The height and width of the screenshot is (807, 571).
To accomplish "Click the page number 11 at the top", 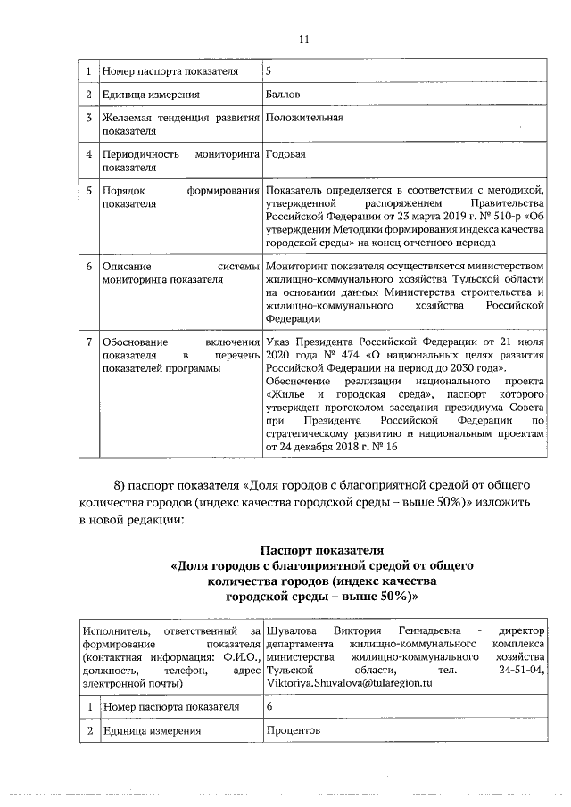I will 302,39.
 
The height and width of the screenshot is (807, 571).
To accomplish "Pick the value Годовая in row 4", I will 285,153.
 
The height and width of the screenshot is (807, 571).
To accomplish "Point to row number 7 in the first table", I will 88,342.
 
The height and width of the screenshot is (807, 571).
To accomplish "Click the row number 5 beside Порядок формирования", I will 88,190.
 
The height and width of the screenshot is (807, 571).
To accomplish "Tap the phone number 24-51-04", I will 523,668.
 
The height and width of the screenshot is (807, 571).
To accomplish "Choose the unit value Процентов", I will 293,731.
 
